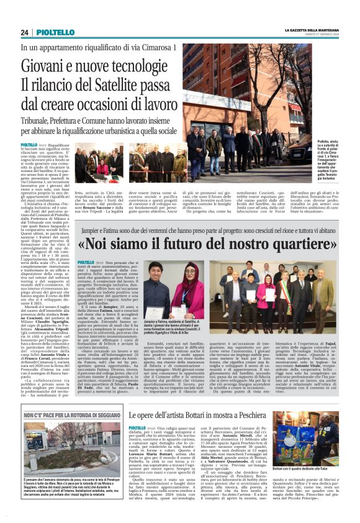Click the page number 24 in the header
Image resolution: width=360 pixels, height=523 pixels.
[x=24, y=32]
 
